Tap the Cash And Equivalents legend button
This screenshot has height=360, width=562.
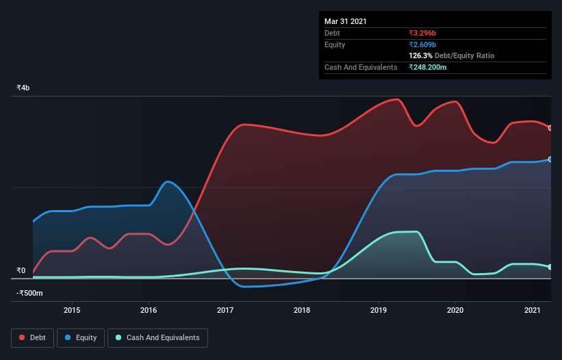[x=157, y=337]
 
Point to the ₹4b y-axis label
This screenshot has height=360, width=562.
[x=23, y=88]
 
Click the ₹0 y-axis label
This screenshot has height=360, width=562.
[x=21, y=270]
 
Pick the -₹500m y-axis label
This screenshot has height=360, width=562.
[x=30, y=294]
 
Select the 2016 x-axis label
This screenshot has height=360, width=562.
[x=149, y=311]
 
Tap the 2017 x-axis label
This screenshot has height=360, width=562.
[x=225, y=311]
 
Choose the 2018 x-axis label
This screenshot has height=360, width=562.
[x=303, y=311]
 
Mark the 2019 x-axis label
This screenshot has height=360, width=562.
[x=379, y=311]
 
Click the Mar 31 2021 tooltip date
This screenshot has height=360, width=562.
[x=346, y=21]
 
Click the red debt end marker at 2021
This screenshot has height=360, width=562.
[x=550, y=128]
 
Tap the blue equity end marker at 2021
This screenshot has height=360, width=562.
[x=550, y=159]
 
